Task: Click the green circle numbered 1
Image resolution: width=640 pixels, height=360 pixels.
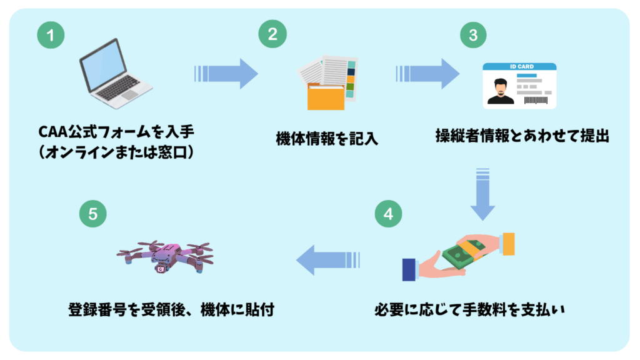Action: pyautogui.click(x=51, y=36)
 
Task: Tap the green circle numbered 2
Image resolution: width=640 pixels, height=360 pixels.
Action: pyautogui.click(x=272, y=34)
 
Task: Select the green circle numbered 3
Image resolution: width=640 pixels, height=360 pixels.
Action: pyautogui.click(x=473, y=36)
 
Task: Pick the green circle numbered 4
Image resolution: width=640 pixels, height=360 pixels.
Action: pyautogui.click(x=388, y=214)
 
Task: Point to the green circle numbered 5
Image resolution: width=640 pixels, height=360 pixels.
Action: pyautogui.click(x=93, y=214)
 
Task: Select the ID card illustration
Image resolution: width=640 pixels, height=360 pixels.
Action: pyautogui.click(x=518, y=86)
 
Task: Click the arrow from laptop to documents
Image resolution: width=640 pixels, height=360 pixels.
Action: pyautogui.click(x=226, y=74)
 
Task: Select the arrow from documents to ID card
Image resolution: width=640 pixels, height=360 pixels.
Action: pyautogui.click(x=427, y=74)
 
